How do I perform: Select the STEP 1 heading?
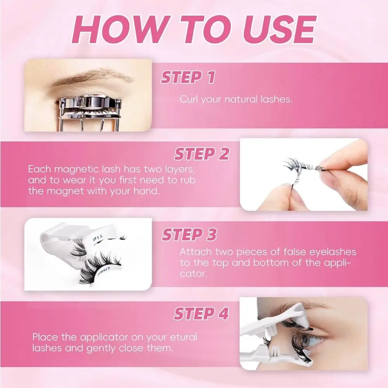click(188, 78)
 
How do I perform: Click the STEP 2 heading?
click(201, 154)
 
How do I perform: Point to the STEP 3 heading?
click(189, 235)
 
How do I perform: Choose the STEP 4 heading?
click(201, 314)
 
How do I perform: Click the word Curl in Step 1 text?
click(189, 99)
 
